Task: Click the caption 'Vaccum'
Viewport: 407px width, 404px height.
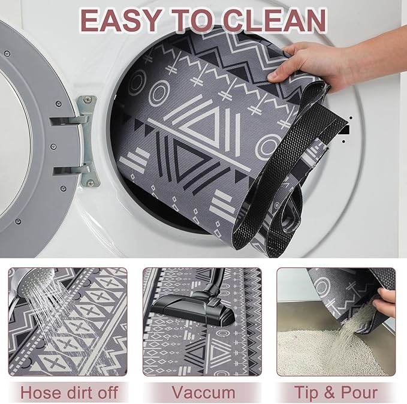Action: (x=203, y=393)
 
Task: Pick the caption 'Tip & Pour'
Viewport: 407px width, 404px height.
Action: (x=336, y=393)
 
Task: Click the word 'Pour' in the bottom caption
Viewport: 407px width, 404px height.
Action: (x=360, y=393)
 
